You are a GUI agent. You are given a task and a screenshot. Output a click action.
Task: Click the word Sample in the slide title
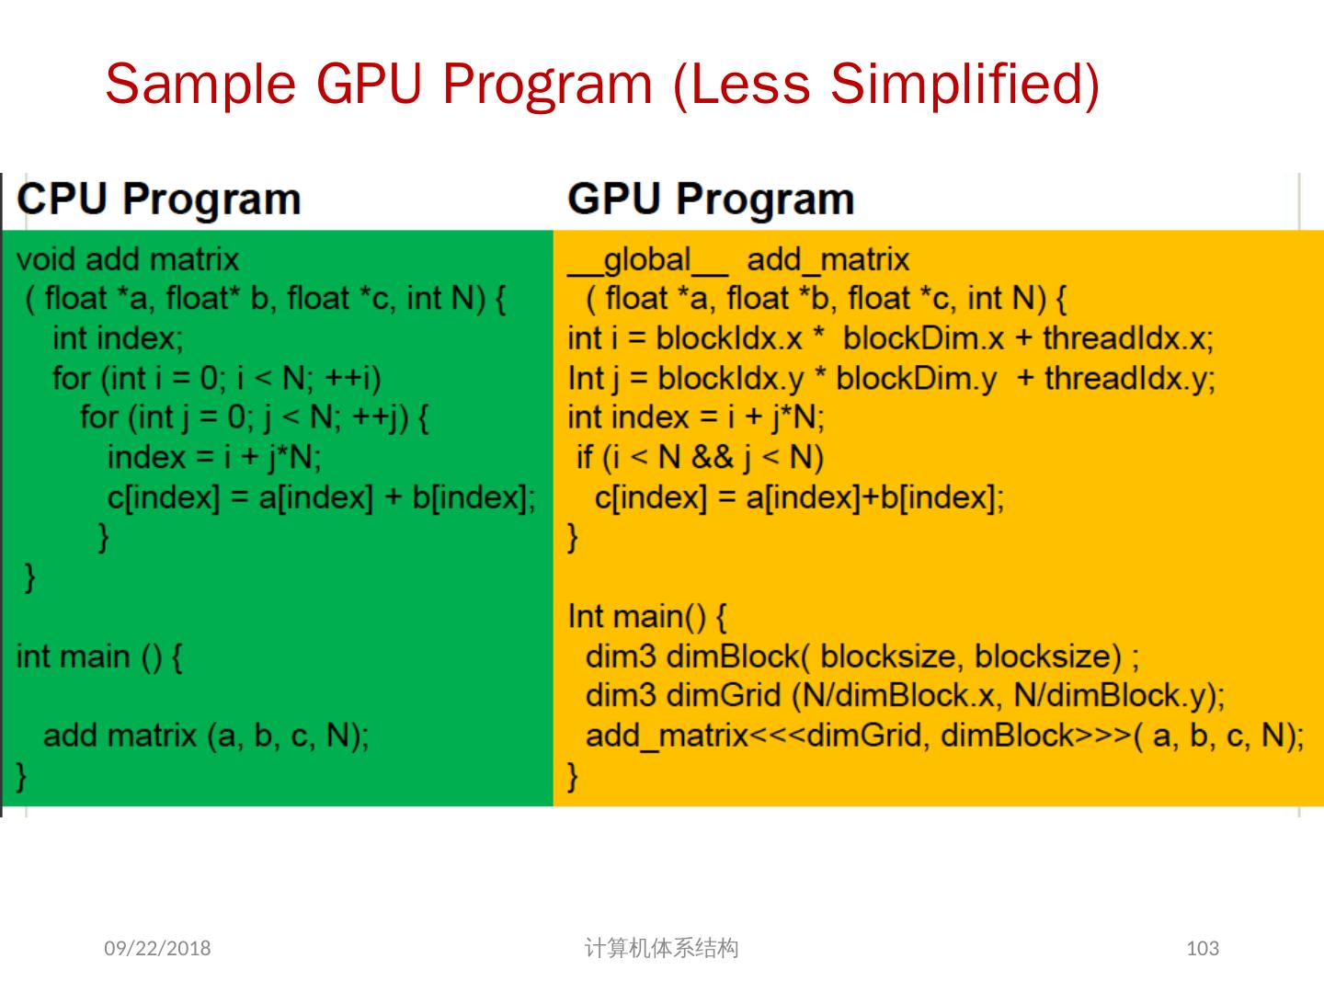200,85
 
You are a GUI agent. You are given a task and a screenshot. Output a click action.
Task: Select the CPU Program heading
159,200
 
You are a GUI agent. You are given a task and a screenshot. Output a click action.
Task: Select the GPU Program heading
711,200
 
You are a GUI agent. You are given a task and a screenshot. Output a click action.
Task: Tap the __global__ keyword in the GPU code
647,260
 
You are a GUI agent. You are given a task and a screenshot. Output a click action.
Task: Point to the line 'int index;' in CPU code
118,338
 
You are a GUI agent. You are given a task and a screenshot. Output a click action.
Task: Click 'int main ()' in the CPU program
98,656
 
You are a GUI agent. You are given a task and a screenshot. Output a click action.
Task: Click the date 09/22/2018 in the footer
157,948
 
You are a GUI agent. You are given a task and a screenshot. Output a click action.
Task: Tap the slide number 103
1203,948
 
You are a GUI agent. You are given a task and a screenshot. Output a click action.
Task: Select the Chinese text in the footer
661,948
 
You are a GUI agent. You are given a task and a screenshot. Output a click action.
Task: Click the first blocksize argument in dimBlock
887,656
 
